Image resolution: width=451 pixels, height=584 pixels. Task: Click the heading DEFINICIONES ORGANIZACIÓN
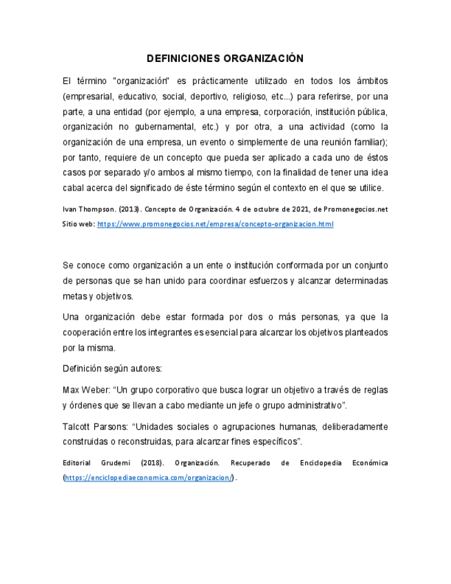click(x=225, y=59)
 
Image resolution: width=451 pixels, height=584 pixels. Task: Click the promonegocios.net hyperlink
click(x=216, y=225)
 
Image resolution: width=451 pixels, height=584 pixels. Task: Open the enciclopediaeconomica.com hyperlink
click(x=149, y=477)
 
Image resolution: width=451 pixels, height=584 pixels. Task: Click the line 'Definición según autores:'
click(x=112, y=368)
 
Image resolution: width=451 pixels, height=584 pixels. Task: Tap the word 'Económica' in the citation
click(x=366, y=463)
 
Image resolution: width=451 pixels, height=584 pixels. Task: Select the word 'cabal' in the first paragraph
click(x=73, y=187)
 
